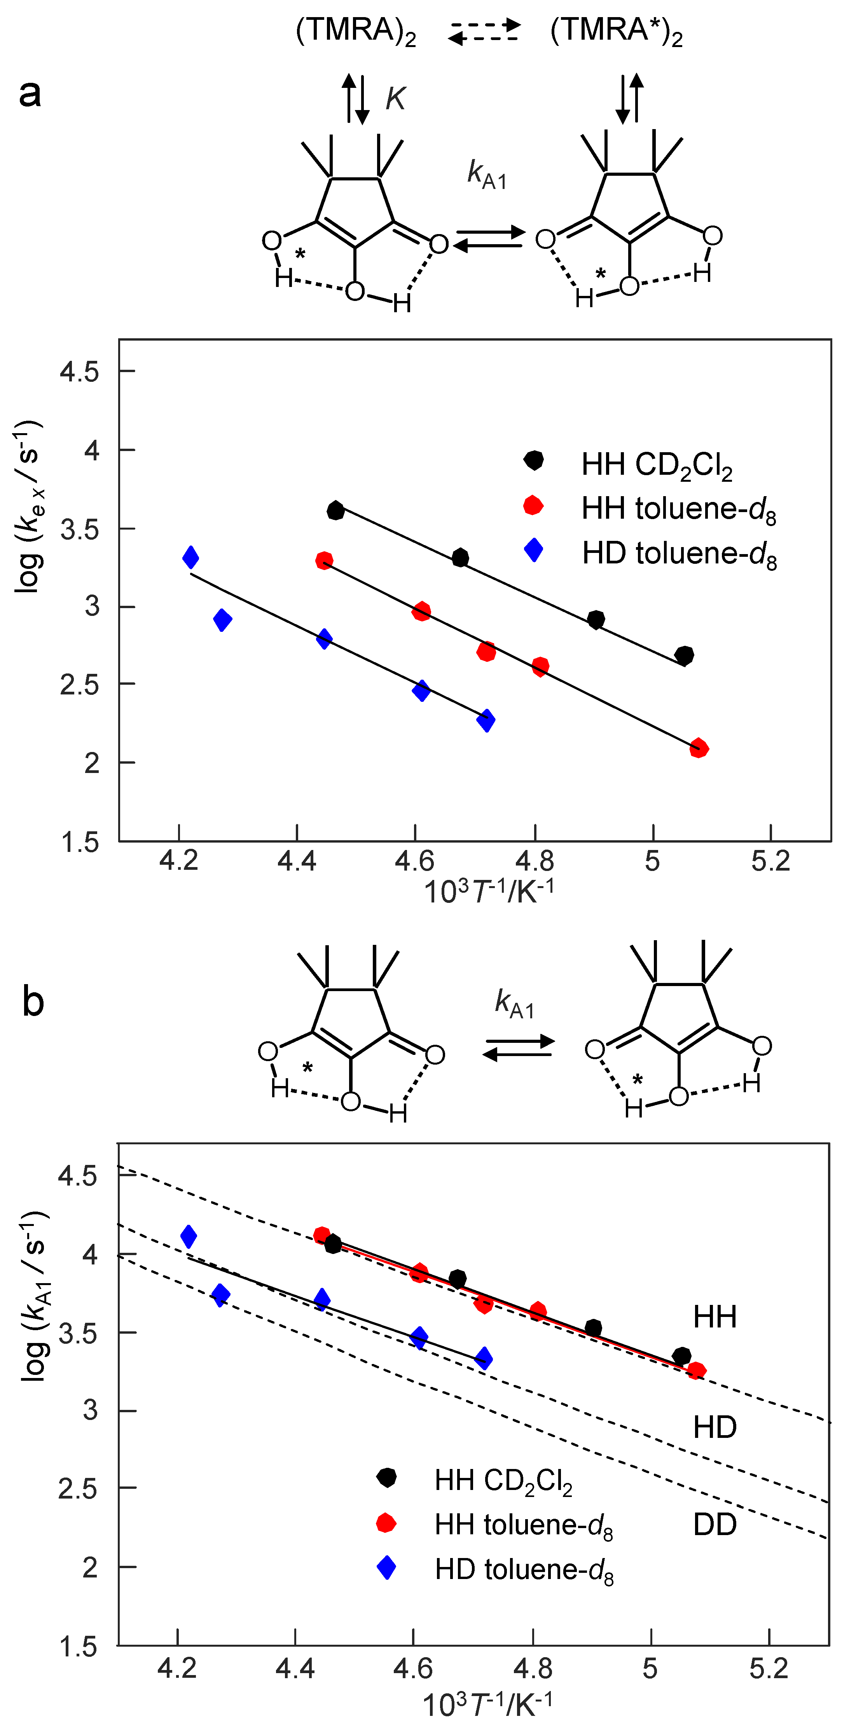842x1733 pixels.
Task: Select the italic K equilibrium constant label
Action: (x=395, y=99)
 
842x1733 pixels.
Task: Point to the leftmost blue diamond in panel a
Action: (x=191, y=557)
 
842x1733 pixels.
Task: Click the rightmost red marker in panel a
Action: (x=699, y=748)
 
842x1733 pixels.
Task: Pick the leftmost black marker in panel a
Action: (x=335, y=511)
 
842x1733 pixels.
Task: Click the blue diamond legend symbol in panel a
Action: (x=533, y=550)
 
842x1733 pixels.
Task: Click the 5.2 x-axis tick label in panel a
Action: (x=771, y=861)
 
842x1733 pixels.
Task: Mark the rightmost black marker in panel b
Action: (x=681, y=1355)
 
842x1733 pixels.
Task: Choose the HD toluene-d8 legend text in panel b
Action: (x=524, y=1570)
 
